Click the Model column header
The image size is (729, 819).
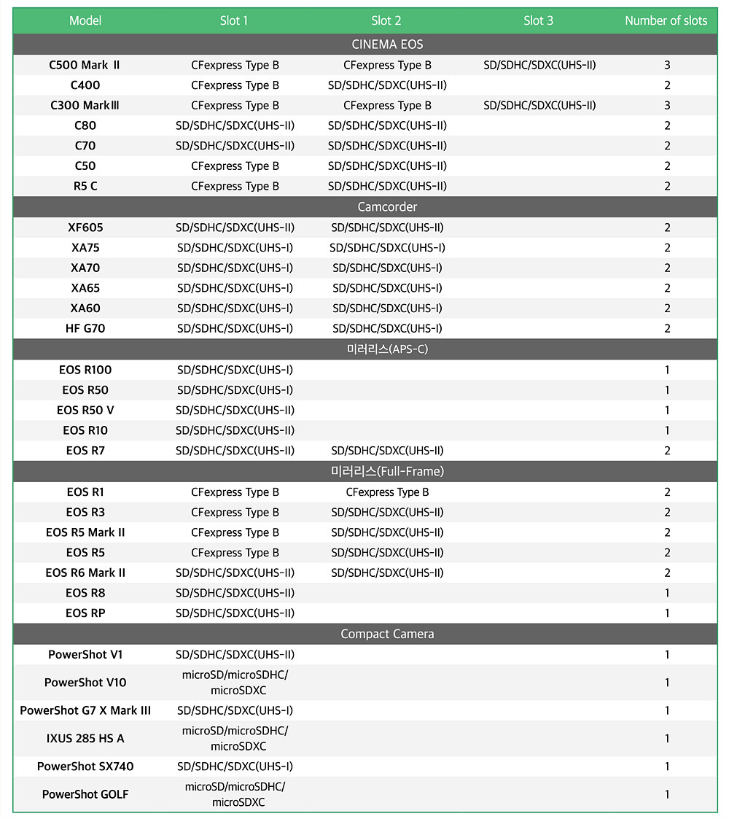(x=85, y=20)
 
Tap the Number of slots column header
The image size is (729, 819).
(x=666, y=20)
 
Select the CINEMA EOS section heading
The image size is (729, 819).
(x=387, y=44)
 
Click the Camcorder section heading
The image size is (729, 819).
(x=387, y=207)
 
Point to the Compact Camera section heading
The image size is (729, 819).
(x=387, y=634)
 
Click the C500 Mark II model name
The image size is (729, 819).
(x=85, y=65)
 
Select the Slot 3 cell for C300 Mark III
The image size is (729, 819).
(x=539, y=105)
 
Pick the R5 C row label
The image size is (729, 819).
(x=85, y=186)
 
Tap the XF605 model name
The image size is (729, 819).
(x=85, y=228)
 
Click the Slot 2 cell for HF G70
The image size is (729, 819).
(x=387, y=328)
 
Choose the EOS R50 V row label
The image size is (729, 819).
(x=85, y=410)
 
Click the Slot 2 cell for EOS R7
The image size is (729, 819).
(x=387, y=451)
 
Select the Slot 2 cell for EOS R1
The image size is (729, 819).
(x=387, y=492)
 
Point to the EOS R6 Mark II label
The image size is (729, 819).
(x=85, y=572)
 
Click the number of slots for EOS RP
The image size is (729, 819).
(x=667, y=613)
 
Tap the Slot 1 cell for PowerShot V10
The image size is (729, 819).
(x=235, y=683)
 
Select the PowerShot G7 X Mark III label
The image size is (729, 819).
(x=85, y=710)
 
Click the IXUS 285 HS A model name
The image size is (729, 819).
(x=85, y=738)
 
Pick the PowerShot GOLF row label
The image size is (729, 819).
(x=85, y=794)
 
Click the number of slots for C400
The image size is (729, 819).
(x=667, y=85)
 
